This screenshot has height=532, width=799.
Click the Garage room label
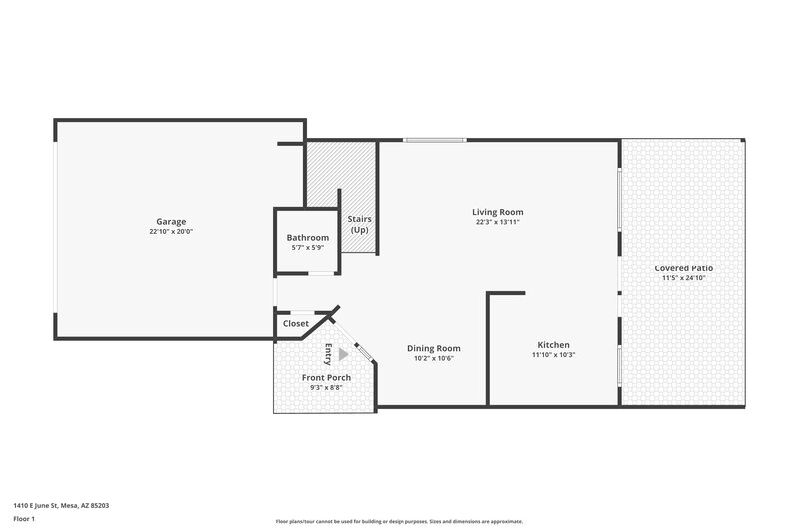(171, 221)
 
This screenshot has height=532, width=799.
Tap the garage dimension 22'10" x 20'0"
(171, 231)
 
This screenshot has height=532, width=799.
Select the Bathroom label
(307, 237)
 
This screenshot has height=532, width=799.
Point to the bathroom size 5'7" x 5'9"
(307, 247)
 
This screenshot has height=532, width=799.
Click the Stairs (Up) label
(358, 224)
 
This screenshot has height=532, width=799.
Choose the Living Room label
(497, 212)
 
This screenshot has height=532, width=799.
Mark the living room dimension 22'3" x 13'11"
(497, 222)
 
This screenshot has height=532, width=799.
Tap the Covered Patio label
(683, 268)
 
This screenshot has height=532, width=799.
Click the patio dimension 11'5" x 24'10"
(683, 278)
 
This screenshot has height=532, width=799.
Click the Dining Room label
(433, 348)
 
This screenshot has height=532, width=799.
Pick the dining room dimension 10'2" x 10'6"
(433, 358)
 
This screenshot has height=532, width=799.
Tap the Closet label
(296, 324)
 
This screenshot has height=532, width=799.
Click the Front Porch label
(326, 378)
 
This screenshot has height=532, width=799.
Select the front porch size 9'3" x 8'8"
(326, 388)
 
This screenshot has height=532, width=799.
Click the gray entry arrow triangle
(344, 353)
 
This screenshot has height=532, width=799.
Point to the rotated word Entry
(328, 353)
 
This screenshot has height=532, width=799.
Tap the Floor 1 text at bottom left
(25, 519)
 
